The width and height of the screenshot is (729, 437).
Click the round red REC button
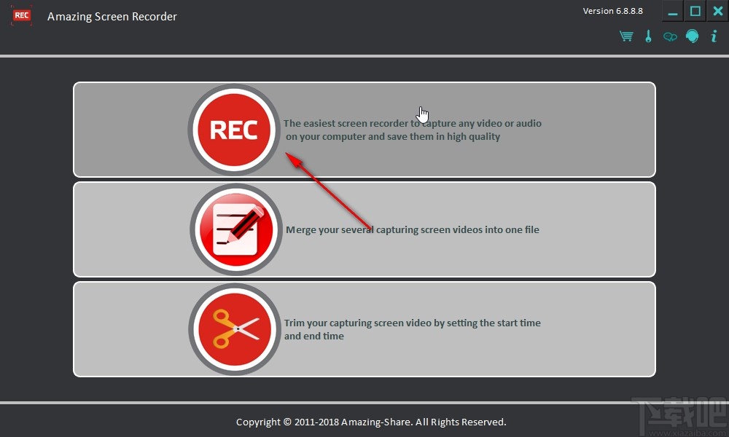coord(234,130)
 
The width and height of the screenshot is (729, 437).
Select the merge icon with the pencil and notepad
coord(235,229)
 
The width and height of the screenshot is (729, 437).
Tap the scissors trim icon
coord(235,329)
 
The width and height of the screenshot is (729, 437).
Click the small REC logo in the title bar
coord(21,15)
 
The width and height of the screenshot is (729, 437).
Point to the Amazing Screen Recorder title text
coord(112,17)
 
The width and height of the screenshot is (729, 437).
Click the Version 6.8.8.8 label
coord(613,11)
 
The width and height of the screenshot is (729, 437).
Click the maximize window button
coord(695,11)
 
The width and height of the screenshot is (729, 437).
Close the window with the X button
coord(718,11)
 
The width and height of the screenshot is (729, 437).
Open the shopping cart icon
coord(626,36)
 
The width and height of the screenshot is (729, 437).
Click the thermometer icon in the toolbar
coord(649,36)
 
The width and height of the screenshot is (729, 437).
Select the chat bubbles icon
coord(670,36)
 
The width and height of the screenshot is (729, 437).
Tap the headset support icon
coord(693,36)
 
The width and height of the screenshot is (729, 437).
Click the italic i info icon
coord(714,36)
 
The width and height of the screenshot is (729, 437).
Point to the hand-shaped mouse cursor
coord(423,114)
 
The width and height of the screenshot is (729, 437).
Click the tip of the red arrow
coord(286,153)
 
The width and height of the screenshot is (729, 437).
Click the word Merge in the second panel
coord(301,230)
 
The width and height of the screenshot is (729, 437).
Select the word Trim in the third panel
coord(295,323)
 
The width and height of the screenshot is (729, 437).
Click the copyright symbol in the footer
coord(287,422)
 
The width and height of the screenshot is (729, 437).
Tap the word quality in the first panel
coord(484,137)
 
